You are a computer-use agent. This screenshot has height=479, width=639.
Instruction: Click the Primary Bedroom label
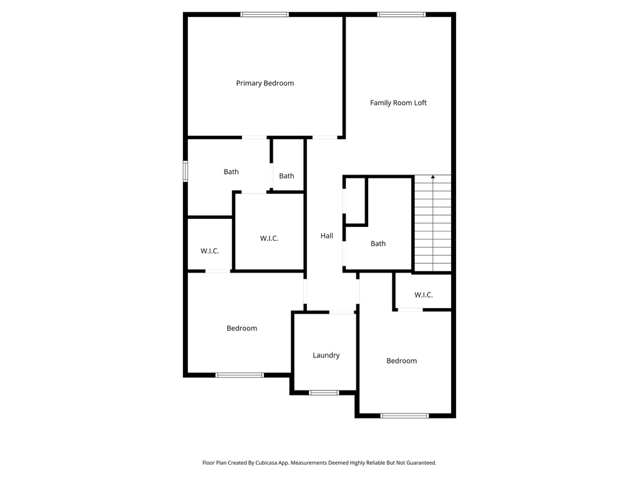265,83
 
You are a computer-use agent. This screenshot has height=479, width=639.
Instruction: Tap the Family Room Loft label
398,103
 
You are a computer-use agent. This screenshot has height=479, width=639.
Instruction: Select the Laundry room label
326,356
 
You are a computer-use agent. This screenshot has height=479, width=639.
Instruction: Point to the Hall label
326,236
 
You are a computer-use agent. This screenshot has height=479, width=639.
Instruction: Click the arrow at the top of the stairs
432,178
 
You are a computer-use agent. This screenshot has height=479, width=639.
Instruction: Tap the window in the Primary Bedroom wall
265,14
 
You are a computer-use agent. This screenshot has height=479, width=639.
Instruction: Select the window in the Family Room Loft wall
401,14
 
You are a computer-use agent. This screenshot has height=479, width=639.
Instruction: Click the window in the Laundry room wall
324,393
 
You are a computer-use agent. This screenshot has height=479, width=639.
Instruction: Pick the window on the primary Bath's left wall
185,172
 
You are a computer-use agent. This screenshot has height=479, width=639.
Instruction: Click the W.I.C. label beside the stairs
423,295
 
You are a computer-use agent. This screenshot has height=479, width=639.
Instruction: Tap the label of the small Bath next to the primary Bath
286,176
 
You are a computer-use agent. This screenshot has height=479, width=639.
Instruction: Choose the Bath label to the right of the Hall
378,244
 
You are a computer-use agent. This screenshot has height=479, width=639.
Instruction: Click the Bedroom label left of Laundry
241,329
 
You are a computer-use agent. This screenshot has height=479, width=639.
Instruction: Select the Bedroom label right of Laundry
401,361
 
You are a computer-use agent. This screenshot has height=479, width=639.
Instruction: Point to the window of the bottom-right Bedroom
404,415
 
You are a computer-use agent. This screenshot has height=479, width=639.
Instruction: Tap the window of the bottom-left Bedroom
240,375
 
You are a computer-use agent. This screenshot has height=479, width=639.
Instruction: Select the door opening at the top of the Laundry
342,312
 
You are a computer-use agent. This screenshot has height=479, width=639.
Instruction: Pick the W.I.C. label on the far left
210,251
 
